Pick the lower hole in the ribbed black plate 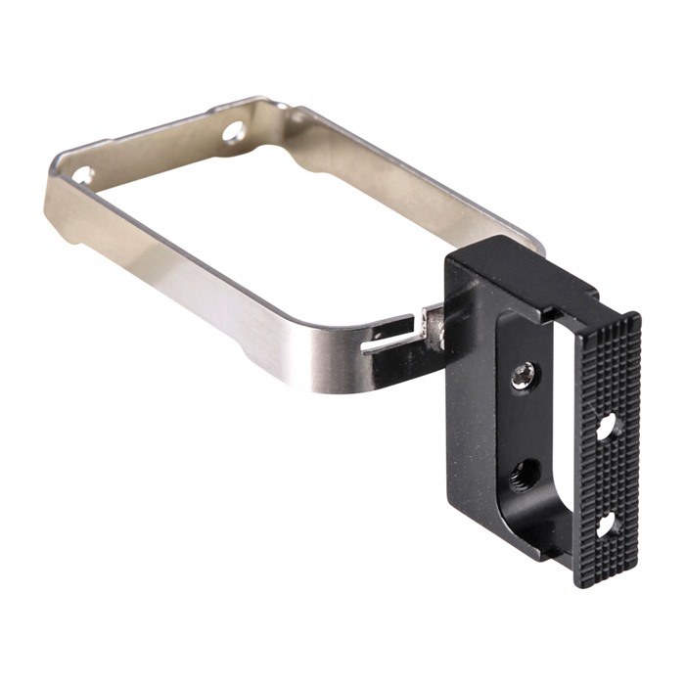(605, 525)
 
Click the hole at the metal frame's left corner (84, 176)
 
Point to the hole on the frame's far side (234, 130)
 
